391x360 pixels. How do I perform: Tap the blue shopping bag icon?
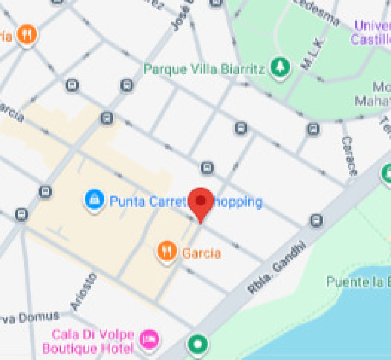(94, 199)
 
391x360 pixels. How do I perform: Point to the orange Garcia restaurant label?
(201, 253)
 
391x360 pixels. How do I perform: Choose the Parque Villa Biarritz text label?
(204, 70)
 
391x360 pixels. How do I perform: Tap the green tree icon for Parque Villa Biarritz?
(280, 67)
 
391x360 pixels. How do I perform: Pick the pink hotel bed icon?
(149, 339)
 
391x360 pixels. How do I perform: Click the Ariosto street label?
(84, 292)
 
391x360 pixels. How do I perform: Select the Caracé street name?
(349, 156)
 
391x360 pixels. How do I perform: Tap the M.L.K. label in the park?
(313, 54)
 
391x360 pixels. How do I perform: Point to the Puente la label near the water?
(358, 282)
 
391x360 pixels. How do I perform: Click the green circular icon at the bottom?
(198, 344)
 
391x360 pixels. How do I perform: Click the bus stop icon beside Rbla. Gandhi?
(316, 220)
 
